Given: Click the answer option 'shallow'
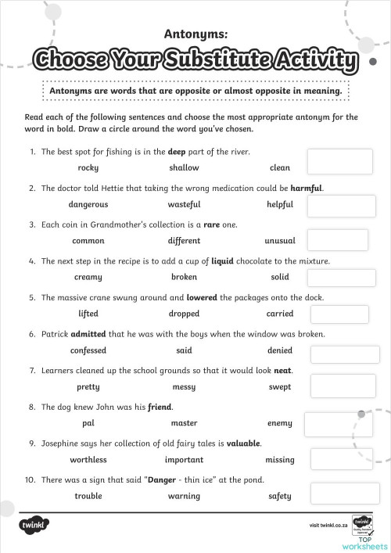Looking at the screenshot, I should coord(184,167).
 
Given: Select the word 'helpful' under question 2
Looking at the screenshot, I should coord(279,204).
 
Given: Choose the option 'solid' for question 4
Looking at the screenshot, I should coord(279,278).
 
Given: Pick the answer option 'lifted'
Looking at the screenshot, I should coord(88,314).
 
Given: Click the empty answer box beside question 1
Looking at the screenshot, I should coord(330,161).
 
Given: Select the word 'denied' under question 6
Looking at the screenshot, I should coord(279,350).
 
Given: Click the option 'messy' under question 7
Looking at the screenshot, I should coord(184,387).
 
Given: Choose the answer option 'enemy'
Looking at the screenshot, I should coord(279,423).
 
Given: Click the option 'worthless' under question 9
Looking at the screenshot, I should coord(88,460).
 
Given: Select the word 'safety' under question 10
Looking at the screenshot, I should coord(279,496).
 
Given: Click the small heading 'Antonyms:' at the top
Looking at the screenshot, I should coord(195,34).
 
